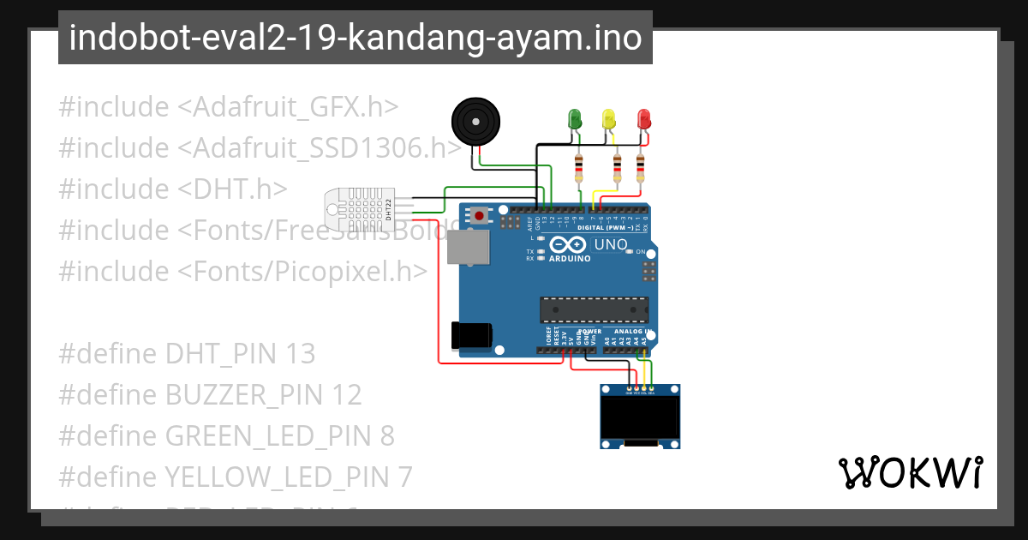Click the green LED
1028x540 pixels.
click(x=575, y=118)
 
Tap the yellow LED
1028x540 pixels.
click(x=609, y=118)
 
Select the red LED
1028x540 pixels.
click(x=644, y=118)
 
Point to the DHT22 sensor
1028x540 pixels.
click(x=360, y=208)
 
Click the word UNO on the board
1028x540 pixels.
click(x=611, y=245)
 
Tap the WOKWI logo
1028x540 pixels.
click(x=910, y=472)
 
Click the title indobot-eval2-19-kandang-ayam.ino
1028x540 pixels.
click(x=355, y=38)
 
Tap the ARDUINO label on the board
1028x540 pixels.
click(x=570, y=258)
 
